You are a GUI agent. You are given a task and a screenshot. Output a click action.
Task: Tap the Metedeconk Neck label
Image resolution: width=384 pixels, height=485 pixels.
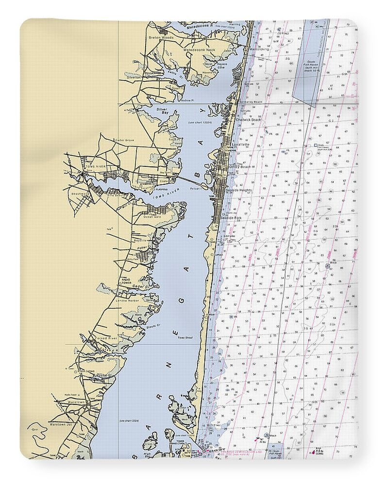[x=200, y=49]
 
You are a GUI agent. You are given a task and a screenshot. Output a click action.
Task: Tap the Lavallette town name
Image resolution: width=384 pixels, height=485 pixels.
[x=240, y=145]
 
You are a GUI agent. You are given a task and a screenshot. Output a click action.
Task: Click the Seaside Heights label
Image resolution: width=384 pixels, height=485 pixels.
[x=238, y=190]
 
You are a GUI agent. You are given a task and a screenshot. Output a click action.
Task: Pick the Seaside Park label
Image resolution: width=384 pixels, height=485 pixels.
[x=231, y=218]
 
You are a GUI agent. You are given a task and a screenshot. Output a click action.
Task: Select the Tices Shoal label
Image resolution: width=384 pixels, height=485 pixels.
[x=185, y=337]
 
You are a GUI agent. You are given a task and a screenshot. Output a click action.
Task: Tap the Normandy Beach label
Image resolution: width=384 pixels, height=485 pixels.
[x=251, y=102]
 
